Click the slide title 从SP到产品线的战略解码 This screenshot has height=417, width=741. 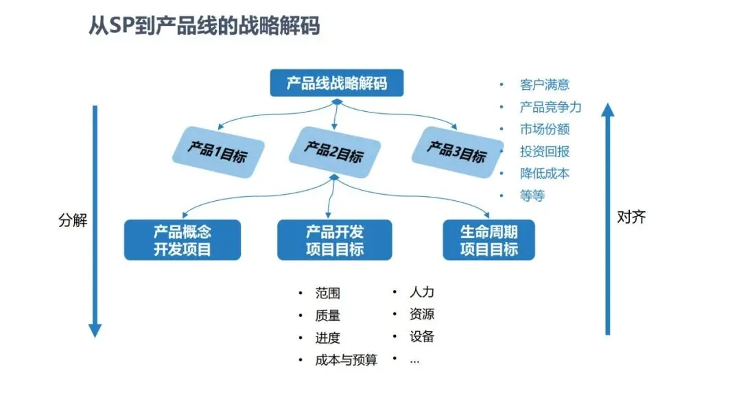[x=204, y=27]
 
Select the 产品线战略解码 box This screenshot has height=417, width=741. [x=336, y=84]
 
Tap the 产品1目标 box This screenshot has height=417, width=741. [x=216, y=151]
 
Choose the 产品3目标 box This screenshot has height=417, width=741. [x=456, y=151]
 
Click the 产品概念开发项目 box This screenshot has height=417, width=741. [x=183, y=240]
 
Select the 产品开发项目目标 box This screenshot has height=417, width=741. [x=335, y=240]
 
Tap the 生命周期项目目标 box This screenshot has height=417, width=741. [x=489, y=240]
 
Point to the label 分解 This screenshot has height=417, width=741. [x=73, y=220]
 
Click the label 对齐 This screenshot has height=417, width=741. [x=631, y=217]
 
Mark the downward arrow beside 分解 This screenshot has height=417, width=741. [x=95, y=219]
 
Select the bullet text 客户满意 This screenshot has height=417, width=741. [x=545, y=85]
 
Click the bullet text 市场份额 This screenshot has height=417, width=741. [x=545, y=129]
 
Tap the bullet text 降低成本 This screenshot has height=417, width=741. [x=545, y=174]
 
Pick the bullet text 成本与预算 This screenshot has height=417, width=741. [x=346, y=359]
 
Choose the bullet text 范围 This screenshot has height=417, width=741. [x=328, y=294]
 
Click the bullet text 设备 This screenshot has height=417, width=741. [x=422, y=337]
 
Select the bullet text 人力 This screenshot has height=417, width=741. [x=422, y=292]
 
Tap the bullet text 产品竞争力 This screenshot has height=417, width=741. [x=550, y=107]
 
